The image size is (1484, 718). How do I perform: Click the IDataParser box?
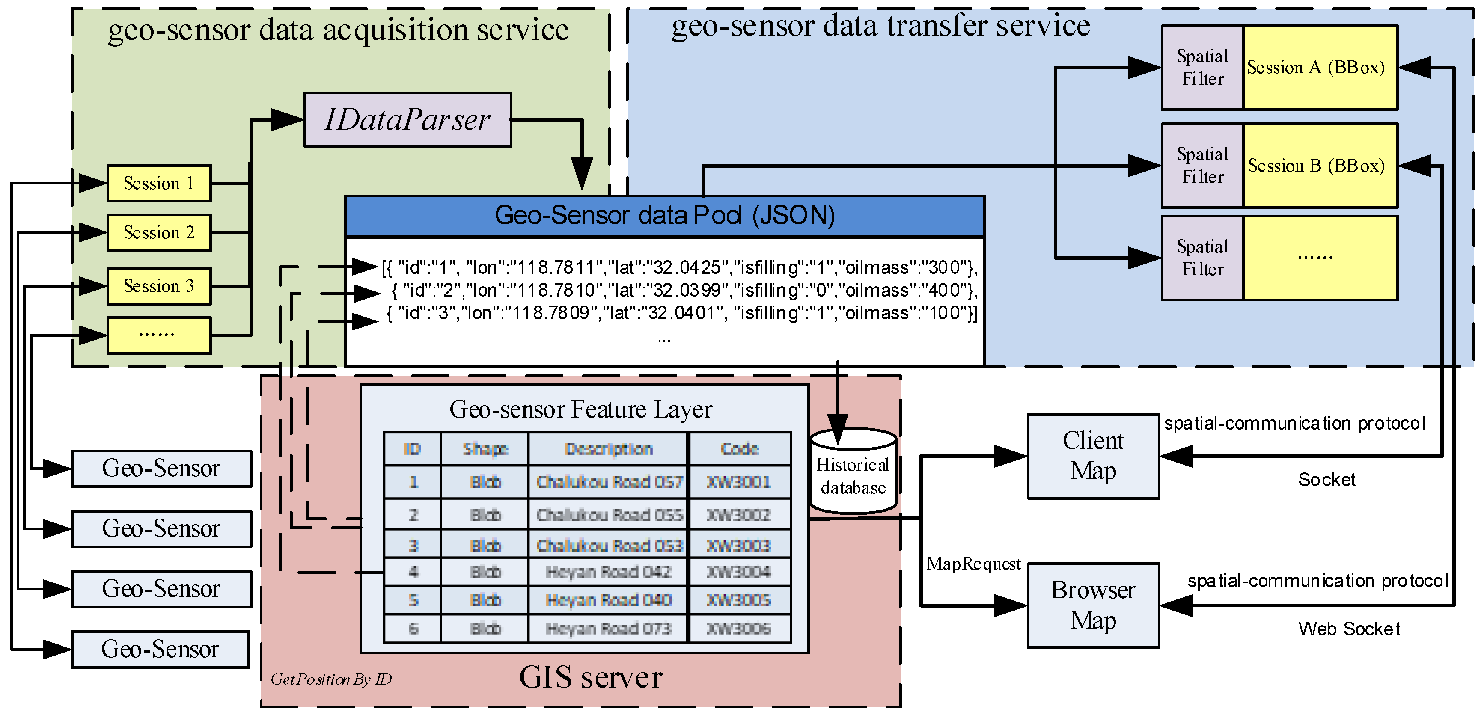tap(407, 120)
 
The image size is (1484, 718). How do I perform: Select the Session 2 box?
tap(159, 233)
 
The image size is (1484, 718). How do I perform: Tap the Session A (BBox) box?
tap(1320, 67)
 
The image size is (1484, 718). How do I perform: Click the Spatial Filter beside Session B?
tap(1202, 166)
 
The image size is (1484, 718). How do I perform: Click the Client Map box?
tap(1093, 456)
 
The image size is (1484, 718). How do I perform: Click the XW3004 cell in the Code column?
tap(738, 572)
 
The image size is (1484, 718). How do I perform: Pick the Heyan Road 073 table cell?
tap(608, 628)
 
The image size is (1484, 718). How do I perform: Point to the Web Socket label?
tap(1349, 629)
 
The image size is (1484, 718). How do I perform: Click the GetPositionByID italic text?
tap(331, 679)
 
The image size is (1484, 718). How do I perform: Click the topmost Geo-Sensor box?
tap(161, 468)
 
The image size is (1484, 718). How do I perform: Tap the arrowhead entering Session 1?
tap(93, 183)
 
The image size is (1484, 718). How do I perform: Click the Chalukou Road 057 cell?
tap(608, 482)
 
